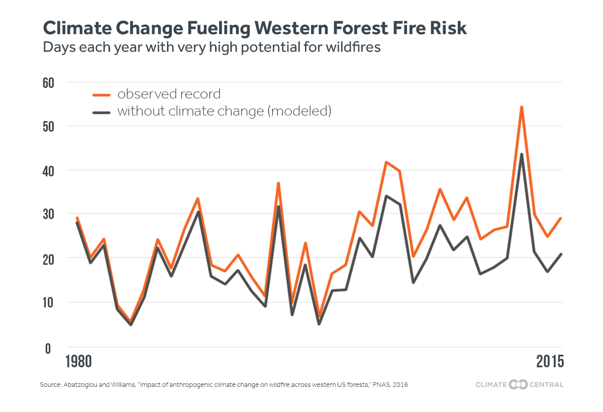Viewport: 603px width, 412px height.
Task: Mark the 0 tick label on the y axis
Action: coord(48,348)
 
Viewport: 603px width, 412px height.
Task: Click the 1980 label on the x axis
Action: coord(79,362)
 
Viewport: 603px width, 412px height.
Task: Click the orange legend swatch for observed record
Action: coord(102,94)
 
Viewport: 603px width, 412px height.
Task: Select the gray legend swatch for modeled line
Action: coord(102,112)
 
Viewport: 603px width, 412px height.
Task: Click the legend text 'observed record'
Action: coord(169,94)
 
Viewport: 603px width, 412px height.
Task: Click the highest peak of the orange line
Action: coord(522,107)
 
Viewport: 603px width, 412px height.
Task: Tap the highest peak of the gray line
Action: coord(522,154)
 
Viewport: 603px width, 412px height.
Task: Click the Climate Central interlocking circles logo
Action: coord(519,385)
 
